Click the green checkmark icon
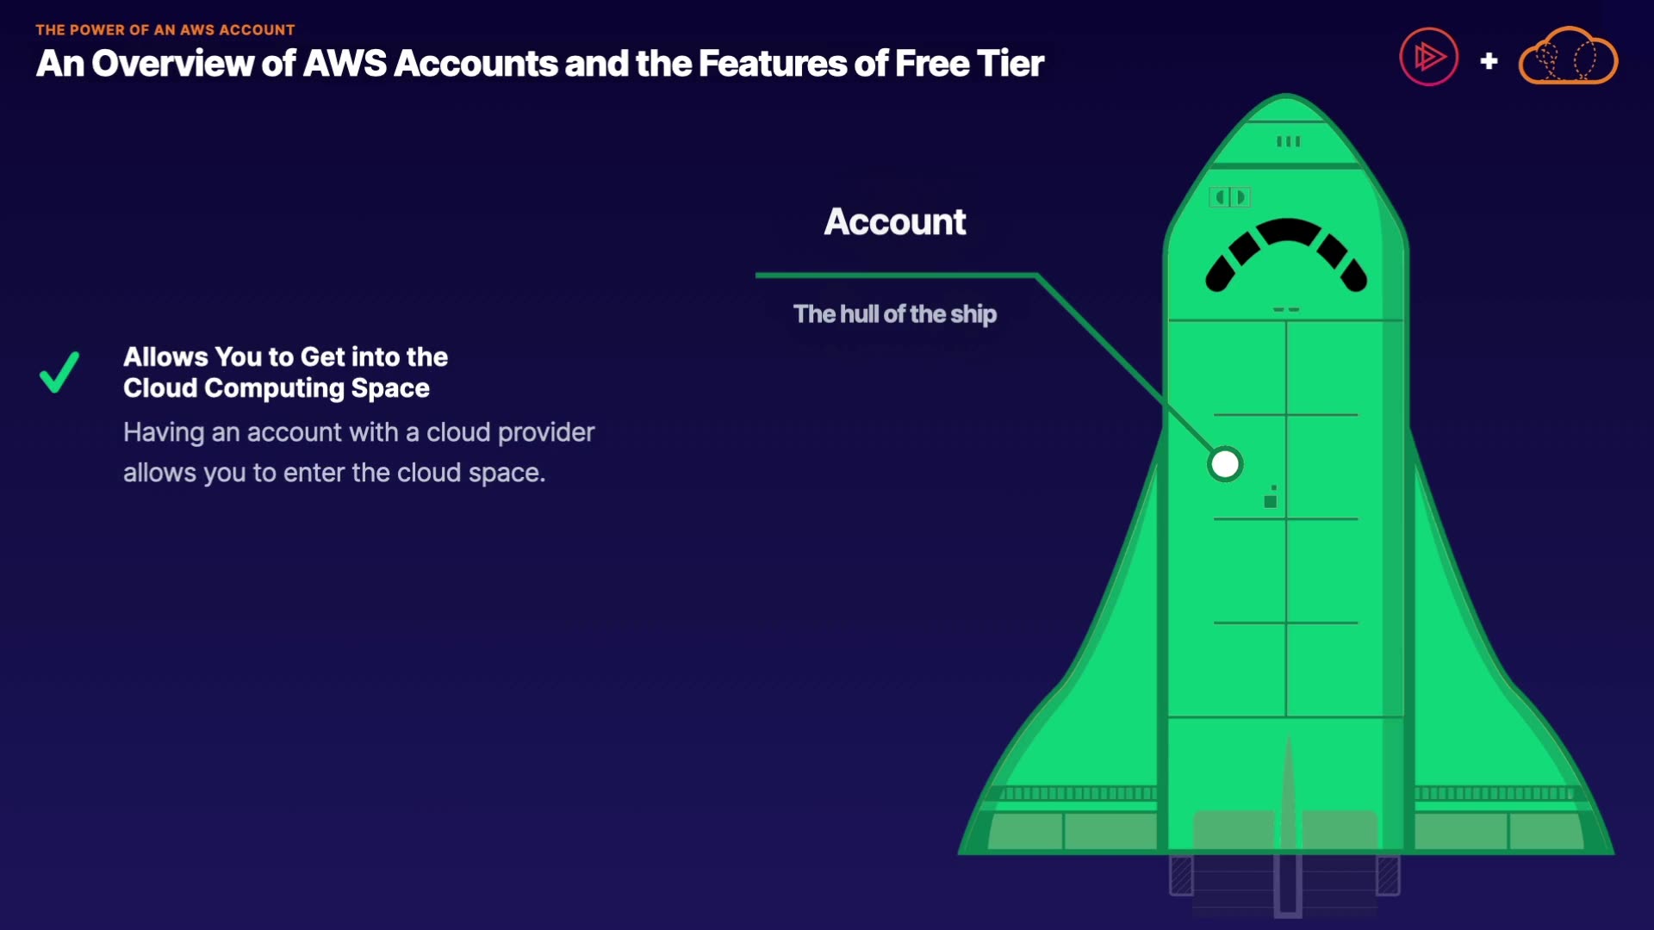pos(59,372)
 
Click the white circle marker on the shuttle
pos(1225,464)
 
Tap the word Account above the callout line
pos(895,222)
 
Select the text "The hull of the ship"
pos(895,314)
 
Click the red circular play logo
pos(1428,58)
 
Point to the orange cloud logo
pos(1568,57)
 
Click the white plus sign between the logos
pos(1489,61)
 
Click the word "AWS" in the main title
pos(345,64)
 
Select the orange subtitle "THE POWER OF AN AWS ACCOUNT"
pos(165,30)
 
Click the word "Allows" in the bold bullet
pos(165,356)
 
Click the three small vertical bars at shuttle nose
pos(1288,142)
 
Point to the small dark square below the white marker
pos(1270,501)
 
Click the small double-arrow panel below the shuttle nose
pos(1230,197)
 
